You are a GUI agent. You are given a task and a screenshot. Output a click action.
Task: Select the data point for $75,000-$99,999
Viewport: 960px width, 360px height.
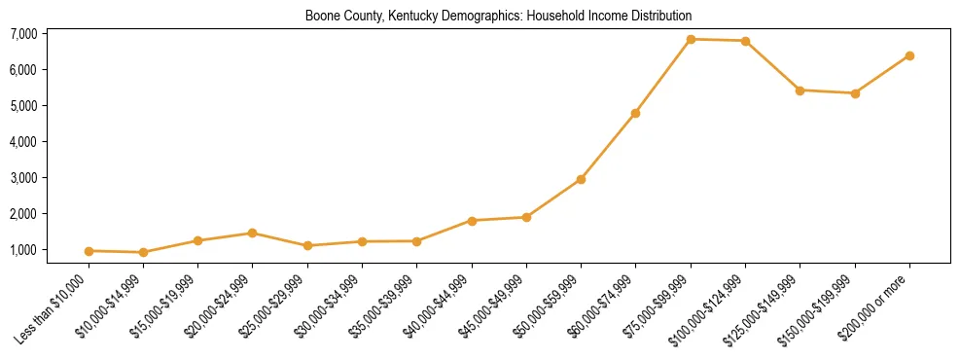(691, 40)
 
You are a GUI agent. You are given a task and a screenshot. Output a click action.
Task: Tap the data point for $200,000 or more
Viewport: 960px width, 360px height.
(909, 55)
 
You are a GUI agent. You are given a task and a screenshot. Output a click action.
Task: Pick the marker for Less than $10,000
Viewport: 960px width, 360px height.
(89, 251)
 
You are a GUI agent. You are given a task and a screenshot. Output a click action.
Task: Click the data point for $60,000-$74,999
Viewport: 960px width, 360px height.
(635, 113)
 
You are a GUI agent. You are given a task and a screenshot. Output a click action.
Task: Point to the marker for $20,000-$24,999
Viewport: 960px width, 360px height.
(252, 233)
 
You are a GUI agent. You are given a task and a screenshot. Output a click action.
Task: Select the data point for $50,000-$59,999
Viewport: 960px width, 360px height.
(581, 179)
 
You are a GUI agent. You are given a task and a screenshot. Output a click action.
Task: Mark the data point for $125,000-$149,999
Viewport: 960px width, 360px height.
(800, 90)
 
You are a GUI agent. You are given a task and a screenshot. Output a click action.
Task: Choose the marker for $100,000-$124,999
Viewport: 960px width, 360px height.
(745, 41)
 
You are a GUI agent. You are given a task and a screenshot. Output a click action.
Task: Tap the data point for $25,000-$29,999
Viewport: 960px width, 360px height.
(307, 245)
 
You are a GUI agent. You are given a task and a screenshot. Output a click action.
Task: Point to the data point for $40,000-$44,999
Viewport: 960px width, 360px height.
(472, 221)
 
